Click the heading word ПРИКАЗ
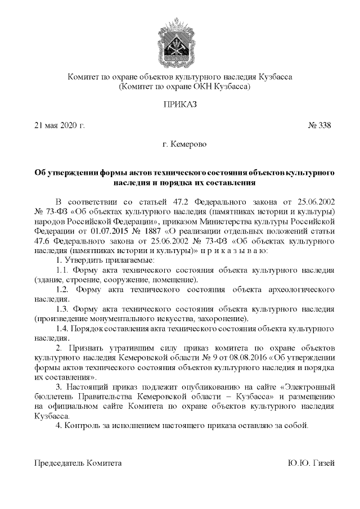click(180, 105)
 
